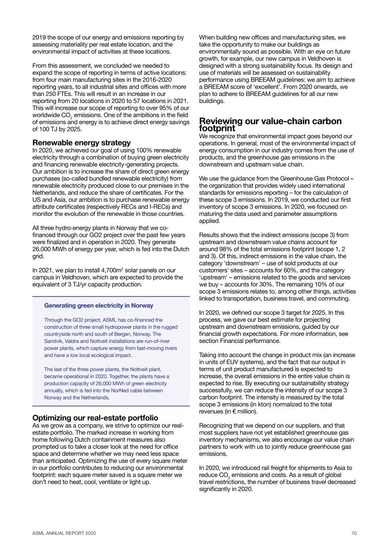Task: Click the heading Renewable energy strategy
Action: [x=81, y=143]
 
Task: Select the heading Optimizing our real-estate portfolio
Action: [x=95, y=418]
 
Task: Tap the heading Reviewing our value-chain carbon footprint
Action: [x=270, y=125]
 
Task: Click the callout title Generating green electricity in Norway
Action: [x=99, y=305]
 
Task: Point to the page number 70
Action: [x=354, y=533]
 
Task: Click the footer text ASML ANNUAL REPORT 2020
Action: [x=64, y=533]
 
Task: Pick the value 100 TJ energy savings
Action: [x=45, y=129]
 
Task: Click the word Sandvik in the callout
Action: [x=52, y=341]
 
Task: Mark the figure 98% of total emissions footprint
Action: [x=223, y=249]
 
